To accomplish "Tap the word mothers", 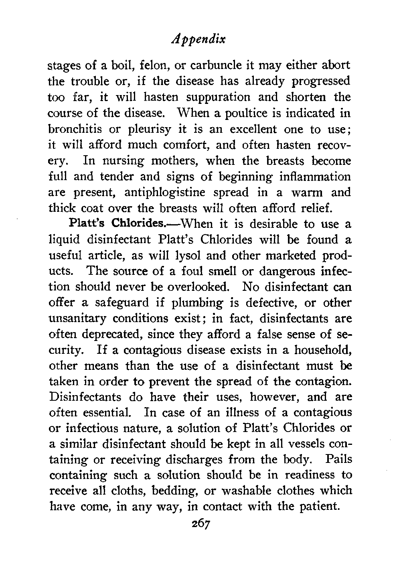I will point(172,161).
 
